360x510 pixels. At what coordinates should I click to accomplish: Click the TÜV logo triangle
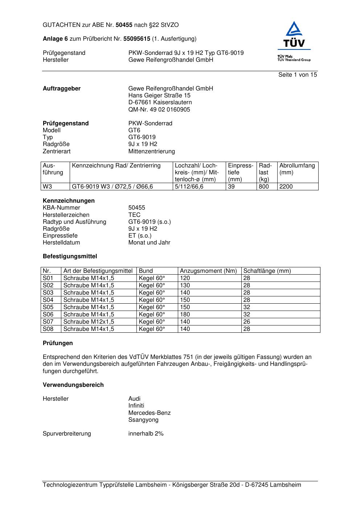[294, 30]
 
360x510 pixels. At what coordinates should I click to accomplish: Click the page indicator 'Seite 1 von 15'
[298, 75]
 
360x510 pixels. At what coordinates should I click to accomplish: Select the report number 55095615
[137, 39]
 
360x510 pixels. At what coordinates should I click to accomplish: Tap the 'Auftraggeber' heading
[62, 89]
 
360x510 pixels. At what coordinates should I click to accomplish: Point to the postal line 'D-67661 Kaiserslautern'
[160, 102]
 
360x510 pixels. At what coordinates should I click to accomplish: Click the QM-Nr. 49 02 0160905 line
[159, 110]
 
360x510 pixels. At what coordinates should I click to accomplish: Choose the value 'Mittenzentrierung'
[151, 151]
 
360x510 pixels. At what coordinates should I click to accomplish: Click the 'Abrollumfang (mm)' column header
[297, 169]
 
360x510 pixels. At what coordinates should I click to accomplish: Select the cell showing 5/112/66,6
[189, 187]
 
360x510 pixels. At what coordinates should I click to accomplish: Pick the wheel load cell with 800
[264, 187]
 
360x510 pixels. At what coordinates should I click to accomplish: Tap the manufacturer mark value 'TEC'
[134, 215]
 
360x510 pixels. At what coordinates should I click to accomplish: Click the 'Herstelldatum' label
[61, 243]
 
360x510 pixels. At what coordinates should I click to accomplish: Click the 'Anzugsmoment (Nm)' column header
[208, 271]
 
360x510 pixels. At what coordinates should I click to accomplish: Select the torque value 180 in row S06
[185, 315]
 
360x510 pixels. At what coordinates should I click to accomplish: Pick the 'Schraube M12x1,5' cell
[89, 322]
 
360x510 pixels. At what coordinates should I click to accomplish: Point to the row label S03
[48, 293]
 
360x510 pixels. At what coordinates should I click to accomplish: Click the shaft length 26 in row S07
[247, 322]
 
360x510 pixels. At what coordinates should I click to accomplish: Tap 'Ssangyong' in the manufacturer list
[143, 420]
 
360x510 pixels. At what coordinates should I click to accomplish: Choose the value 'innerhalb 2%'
[146, 434]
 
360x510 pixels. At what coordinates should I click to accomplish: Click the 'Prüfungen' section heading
[58, 343]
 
